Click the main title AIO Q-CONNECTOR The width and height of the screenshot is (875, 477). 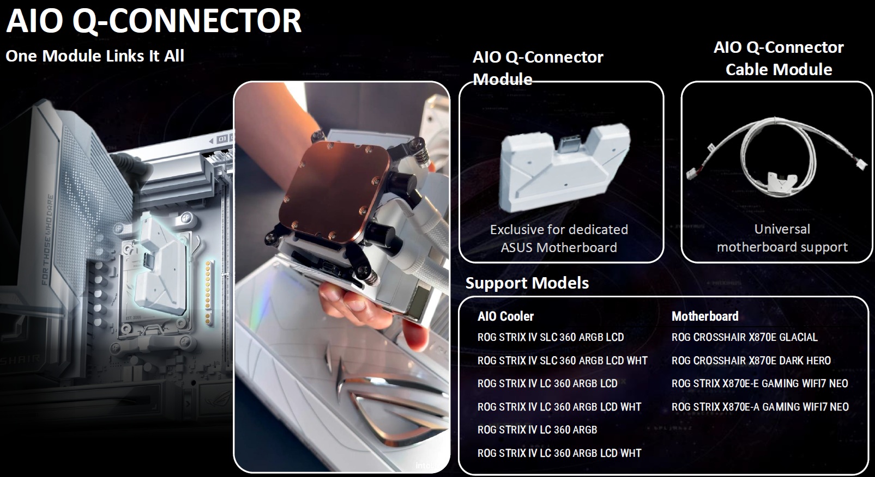click(x=154, y=21)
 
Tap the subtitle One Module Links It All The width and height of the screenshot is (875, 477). click(x=95, y=56)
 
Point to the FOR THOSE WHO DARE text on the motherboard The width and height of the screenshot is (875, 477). click(x=47, y=240)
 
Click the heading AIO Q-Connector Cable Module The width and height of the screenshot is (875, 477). click(x=779, y=58)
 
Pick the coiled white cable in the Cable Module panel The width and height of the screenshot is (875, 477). click(x=777, y=156)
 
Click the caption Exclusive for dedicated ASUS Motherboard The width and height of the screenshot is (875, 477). click(x=559, y=238)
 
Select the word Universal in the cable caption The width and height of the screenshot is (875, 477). click(x=782, y=229)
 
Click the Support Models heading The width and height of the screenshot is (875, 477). click(x=527, y=283)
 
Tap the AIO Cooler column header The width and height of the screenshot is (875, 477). click(x=505, y=316)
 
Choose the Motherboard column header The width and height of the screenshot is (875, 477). click(x=705, y=316)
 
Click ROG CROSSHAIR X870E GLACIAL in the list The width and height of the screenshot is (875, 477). click(x=745, y=337)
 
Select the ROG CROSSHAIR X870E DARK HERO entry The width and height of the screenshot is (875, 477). click(x=751, y=360)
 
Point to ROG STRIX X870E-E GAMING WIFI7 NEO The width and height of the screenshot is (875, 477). click(x=760, y=383)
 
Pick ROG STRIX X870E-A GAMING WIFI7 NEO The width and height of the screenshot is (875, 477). click(x=760, y=407)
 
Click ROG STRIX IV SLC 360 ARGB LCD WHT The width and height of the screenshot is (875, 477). click(x=563, y=360)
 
